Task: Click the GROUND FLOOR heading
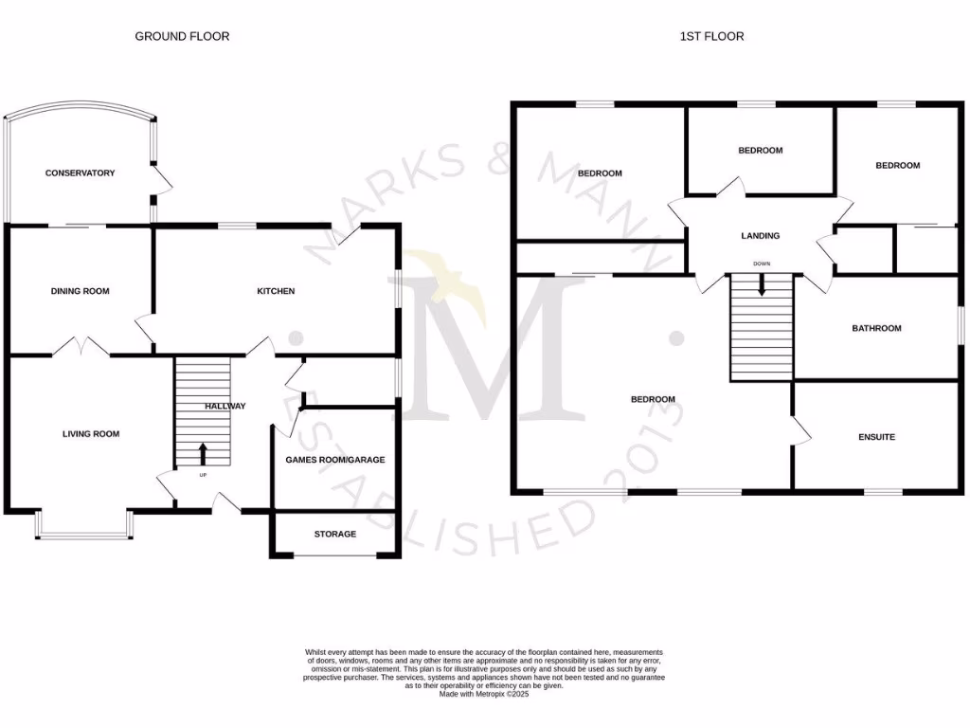tap(182, 36)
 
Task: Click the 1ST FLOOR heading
tap(711, 36)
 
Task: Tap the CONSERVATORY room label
tap(81, 173)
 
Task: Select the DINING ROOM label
tap(80, 291)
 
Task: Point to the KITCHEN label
tap(276, 291)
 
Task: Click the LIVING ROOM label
tap(91, 434)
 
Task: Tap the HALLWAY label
tap(225, 407)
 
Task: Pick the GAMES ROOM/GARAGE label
tap(335, 460)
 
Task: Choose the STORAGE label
tap(335, 535)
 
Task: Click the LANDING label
tap(760, 236)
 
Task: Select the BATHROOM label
tap(876, 328)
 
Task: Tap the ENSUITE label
tap(876, 437)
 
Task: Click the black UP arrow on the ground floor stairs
tap(202, 452)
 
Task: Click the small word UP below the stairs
tap(202, 474)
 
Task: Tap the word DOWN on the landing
tap(762, 264)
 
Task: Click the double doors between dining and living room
tap(80, 348)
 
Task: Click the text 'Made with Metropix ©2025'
tap(484, 694)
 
